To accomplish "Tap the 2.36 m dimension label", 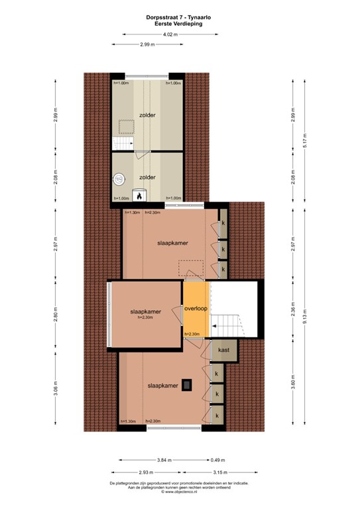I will click(x=293, y=310).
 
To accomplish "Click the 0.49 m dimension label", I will click(x=217, y=460).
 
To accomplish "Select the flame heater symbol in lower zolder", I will click(x=139, y=194).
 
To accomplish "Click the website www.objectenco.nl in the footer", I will click(x=180, y=492).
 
